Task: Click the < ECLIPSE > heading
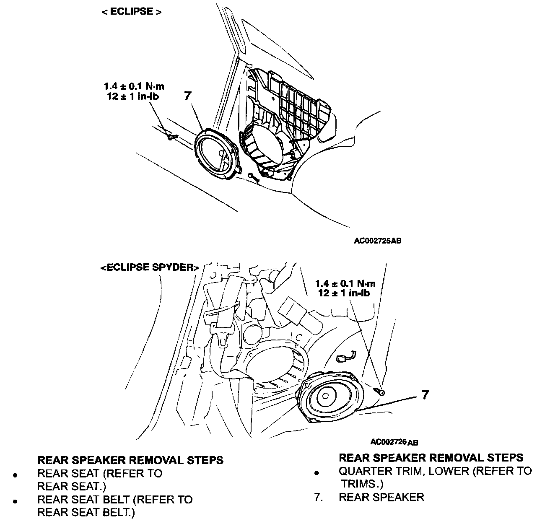click(x=131, y=12)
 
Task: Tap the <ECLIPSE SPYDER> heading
click(x=150, y=267)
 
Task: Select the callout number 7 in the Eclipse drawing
click(x=187, y=96)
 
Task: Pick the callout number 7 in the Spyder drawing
click(x=425, y=394)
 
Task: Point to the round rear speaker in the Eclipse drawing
click(x=218, y=153)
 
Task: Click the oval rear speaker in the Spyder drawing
click(x=329, y=396)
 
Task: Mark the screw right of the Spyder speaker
click(x=380, y=392)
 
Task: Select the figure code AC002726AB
click(x=394, y=442)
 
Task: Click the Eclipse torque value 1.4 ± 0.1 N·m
click(x=134, y=87)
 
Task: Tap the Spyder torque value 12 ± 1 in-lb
click(x=344, y=293)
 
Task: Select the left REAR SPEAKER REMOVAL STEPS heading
click(x=130, y=460)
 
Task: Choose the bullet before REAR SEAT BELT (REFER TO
click(x=15, y=501)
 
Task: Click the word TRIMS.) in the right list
click(x=362, y=484)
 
